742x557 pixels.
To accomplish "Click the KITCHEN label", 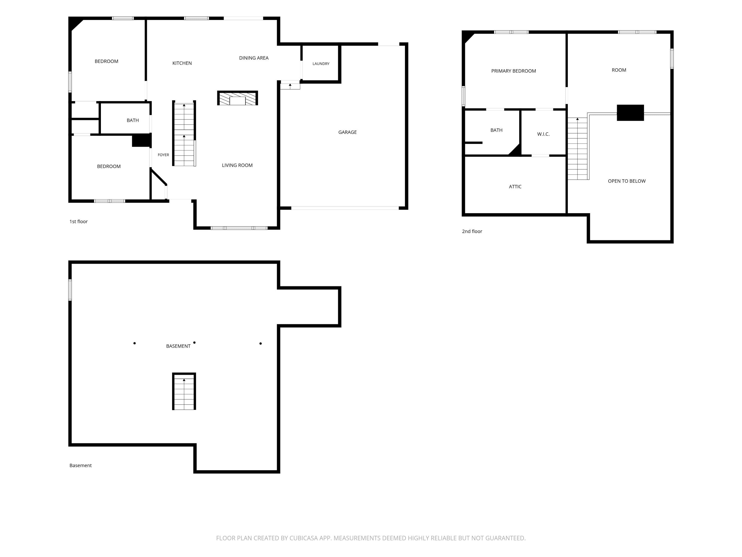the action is click(182, 63).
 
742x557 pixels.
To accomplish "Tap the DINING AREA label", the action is click(254, 58).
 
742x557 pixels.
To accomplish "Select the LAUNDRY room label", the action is click(321, 64).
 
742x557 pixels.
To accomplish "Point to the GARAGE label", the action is click(347, 132).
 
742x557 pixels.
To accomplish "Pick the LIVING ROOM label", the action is click(237, 165).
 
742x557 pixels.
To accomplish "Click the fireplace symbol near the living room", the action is click(237, 98).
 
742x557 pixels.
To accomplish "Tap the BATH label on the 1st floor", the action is click(133, 120).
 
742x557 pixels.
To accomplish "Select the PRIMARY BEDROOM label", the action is click(513, 71).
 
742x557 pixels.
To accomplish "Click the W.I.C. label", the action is click(543, 134).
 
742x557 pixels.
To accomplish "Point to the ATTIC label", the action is click(515, 187).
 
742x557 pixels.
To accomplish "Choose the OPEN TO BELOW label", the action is click(626, 181).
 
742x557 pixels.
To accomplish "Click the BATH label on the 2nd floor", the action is click(496, 130).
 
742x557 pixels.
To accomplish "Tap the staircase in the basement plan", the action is click(184, 391).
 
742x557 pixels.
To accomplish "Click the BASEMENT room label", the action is click(178, 346).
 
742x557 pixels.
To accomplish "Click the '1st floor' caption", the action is click(78, 222).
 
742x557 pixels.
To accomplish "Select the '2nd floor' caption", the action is click(472, 231).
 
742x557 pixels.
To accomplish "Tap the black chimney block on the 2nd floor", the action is click(630, 113).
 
